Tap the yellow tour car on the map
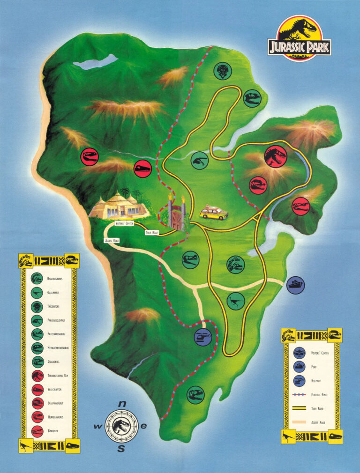click(214, 212)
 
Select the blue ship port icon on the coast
click(295, 285)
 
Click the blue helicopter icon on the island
click(203, 336)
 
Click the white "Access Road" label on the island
click(112, 240)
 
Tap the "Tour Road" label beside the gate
click(152, 232)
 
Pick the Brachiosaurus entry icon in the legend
click(37, 279)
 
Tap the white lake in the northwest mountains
click(95, 62)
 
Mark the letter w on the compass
click(98, 426)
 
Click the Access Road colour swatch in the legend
click(299, 422)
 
